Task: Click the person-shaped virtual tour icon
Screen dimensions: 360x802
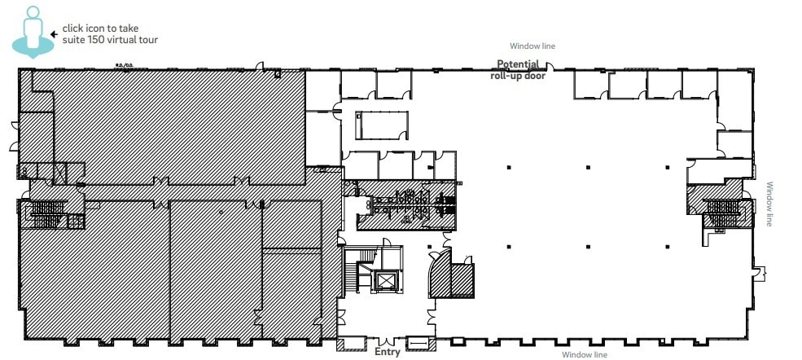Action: coord(32,31)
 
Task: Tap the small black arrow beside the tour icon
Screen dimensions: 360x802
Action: coord(54,34)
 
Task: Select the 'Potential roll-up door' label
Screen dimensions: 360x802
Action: coord(517,70)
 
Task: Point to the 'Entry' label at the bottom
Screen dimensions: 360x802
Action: coord(387,352)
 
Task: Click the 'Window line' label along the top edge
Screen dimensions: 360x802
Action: coord(532,46)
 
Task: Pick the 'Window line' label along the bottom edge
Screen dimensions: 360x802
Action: coord(585,353)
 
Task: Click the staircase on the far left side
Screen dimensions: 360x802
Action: coord(46,215)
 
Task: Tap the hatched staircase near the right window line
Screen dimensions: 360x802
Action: coord(721,211)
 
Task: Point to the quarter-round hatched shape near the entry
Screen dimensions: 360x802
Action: coord(439,274)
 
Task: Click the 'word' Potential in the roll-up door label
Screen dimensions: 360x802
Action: coord(517,64)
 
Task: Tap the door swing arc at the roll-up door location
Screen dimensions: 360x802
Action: coord(550,68)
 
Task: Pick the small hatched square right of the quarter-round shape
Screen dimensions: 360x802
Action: coord(463,279)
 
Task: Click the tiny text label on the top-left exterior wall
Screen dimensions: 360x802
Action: coord(125,66)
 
